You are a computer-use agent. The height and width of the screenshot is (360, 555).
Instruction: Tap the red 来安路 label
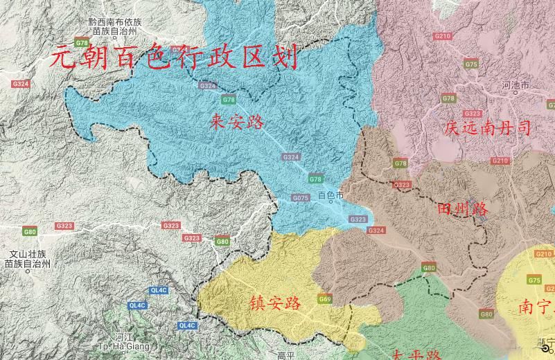pos(237,123)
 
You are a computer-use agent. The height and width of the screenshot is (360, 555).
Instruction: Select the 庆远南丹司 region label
pos(488,127)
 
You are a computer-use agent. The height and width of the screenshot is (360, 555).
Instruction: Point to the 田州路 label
pos(464,208)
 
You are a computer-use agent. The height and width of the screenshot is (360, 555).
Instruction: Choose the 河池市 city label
pos(515,85)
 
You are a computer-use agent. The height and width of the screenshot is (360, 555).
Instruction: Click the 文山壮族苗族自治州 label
pos(27,258)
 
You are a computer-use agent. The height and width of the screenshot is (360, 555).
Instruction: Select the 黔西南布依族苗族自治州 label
pos(116,26)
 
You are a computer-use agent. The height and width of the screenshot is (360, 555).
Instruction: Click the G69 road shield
pos(325,299)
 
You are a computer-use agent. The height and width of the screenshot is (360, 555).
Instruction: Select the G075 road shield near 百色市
pos(300,198)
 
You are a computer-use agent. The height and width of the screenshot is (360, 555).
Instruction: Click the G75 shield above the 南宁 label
pos(534,280)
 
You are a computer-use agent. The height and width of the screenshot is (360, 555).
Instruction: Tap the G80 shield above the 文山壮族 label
pos(30,231)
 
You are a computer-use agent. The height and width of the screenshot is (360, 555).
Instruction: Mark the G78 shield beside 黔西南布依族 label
pos(82,43)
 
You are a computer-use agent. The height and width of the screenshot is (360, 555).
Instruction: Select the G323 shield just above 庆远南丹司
pos(473,114)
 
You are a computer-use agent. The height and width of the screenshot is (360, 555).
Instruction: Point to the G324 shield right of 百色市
pos(376,231)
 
